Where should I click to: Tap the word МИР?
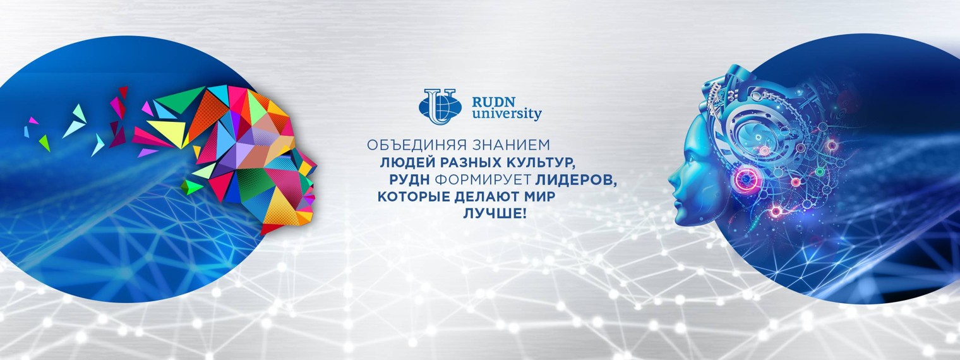(544, 197)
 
